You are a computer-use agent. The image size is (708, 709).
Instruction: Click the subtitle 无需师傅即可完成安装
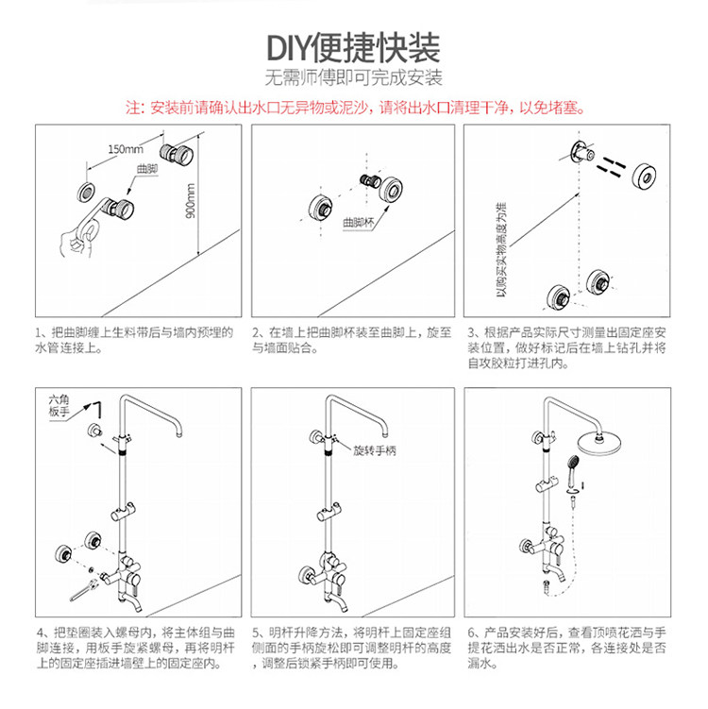354,78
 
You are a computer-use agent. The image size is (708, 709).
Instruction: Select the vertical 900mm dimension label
191,200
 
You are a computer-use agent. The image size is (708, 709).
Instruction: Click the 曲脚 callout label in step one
146,169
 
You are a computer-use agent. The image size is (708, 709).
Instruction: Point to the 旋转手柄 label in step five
375,452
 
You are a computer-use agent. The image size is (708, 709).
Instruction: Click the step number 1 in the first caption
39,333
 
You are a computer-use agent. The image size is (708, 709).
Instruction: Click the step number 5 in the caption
256,632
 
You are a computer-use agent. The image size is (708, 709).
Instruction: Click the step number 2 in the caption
256,333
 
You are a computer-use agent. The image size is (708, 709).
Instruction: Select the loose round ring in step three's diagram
644,175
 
